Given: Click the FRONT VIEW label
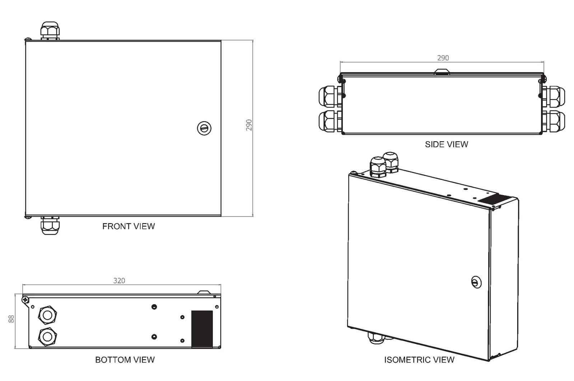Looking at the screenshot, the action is point(129,226).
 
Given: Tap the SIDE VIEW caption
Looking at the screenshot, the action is point(447,144).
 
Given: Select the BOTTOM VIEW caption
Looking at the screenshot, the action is point(125,360).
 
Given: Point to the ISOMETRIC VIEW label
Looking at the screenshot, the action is point(419,360).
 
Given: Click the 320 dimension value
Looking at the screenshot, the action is point(119,281).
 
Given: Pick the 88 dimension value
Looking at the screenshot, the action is point(11,319).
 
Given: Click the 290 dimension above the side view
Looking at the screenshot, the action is point(443,58).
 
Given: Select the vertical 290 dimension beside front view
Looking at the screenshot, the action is point(249,125).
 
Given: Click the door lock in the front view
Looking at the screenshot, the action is point(204,128).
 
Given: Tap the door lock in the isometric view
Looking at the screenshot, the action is point(476,282).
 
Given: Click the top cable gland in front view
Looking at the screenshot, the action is point(50,31).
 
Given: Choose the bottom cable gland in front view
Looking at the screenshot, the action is point(50,226).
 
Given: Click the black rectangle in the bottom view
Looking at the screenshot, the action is point(202,329).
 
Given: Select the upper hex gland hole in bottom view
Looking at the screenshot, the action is point(47,315).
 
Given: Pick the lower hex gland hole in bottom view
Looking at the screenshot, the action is point(47,337).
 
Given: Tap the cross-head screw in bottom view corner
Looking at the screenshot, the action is point(25,299).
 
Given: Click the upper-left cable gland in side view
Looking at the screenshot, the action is point(330,96).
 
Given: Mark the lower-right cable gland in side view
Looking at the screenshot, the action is point(554,121).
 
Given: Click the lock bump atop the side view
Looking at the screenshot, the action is point(442,71).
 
